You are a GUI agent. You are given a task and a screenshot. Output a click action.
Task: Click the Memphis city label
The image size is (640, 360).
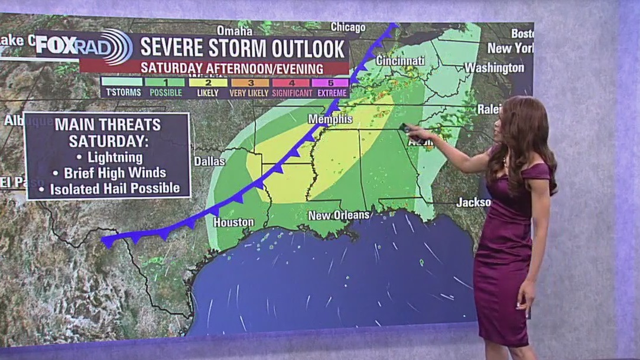click(x=330, y=119)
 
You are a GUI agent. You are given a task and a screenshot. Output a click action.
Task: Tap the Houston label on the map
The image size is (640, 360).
click(x=233, y=222)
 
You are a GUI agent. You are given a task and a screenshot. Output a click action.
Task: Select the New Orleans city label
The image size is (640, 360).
click(x=339, y=216)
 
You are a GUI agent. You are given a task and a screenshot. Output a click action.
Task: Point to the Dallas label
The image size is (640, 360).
click(x=209, y=161)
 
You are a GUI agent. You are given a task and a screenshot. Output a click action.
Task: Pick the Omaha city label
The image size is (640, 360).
click(x=235, y=30)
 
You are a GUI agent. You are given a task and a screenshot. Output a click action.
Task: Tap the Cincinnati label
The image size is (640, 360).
click(x=400, y=61)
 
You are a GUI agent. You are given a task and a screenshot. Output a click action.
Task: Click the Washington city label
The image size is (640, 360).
click(x=494, y=67)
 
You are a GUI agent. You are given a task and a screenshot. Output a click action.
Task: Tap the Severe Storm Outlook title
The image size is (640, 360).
click(x=242, y=47)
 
